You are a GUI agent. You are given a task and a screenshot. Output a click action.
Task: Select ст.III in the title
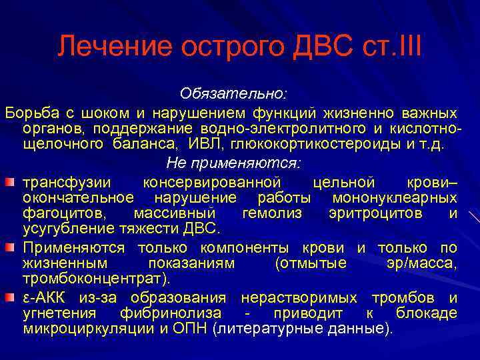[x=394, y=47]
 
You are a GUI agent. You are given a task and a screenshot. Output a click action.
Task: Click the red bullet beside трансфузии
[x=12, y=181]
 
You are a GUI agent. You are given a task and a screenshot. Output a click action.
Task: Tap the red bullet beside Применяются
[x=12, y=247]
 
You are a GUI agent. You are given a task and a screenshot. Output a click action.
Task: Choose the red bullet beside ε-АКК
[x=12, y=297]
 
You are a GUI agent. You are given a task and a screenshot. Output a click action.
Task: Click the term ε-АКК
[x=46, y=297]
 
